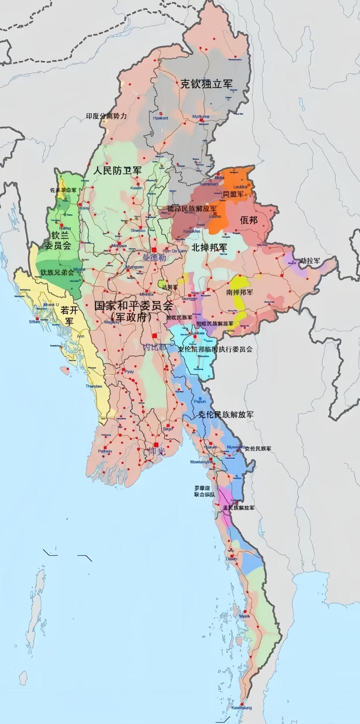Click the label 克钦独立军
206,84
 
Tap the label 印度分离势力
106,116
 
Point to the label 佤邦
249,220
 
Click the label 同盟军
233,194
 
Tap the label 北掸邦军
209,248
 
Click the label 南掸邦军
240,292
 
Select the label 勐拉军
310,260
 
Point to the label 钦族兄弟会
57,272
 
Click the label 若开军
69,316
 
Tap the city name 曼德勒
154,258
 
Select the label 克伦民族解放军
226,415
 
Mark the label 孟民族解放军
238,508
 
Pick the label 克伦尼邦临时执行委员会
215,349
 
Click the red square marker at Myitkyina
201,120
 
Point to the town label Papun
200,402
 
